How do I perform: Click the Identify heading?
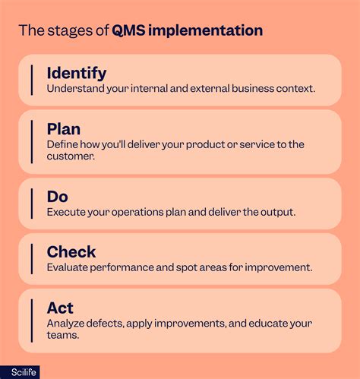click(x=76, y=73)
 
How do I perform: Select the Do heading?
click(x=58, y=197)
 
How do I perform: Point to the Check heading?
click(x=71, y=251)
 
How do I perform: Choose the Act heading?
click(x=61, y=308)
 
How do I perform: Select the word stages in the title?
click(x=62, y=31)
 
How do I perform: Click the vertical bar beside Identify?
click(x=32, y=80)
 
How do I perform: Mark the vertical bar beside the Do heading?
click(x=32, y=204)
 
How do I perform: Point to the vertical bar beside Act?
click(x=32, y=319)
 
